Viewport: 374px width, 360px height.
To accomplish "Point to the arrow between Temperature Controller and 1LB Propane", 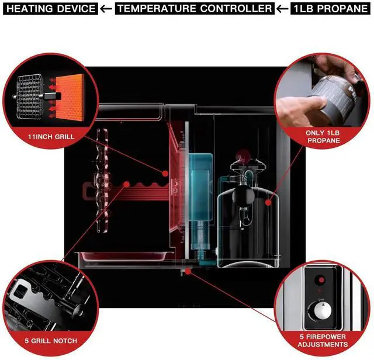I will [x=283, y=9].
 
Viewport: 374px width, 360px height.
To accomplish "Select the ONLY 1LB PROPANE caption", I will [x=323, y=137].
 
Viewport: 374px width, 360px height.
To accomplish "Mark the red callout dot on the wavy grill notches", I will [x=126, y=184].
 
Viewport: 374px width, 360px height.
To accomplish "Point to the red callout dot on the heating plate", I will [x=165, y=173].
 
